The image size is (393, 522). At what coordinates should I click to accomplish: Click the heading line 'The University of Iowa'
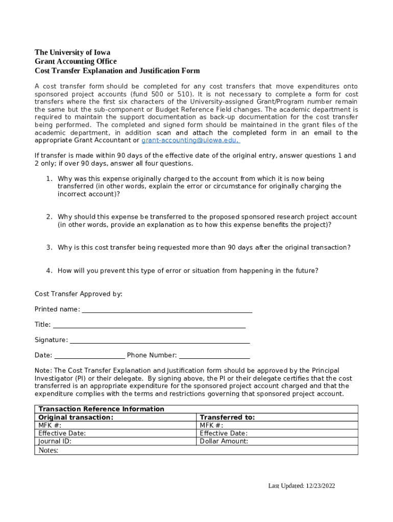pyautogui.click(x=72, y=53)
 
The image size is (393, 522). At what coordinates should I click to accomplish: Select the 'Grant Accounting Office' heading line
pyautogui.click(x=76, y=62)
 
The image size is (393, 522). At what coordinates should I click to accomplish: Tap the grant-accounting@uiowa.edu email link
pyautogui.click(x=190, y=140)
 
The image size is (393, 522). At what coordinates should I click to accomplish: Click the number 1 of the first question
pyautogui.click(x=49, y=179)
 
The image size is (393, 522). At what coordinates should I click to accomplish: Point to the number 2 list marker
pyautogui.click(x=49, y=217)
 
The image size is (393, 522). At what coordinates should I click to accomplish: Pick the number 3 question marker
pyautogui.click(x=49, y=248)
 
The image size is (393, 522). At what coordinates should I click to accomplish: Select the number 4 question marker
pyautogui.click(x=49, y=271)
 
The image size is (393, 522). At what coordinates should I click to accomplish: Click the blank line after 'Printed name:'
pyautogui.click(x=167, y=310)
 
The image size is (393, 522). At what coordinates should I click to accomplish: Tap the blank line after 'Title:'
pyautogui.click(x=149, y=325)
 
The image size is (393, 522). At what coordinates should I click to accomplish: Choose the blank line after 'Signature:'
pyautogui.click(x=159, y=341)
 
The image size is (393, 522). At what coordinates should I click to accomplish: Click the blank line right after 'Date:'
pyautogui.click(x=89, y=356)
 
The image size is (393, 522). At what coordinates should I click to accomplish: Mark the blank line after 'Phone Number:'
pyautogui.click(x=214, y=356)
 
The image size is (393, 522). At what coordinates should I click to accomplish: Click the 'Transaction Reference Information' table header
pyautogui.click(x=102, y=409)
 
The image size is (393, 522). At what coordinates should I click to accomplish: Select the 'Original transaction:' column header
pyautogui.click(x=76, y=417)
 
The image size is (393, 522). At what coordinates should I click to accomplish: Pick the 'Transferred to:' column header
pyautogui.click(x=227, y=417)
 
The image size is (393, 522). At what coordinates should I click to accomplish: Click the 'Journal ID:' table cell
pyautogui.click(x=55, y=441)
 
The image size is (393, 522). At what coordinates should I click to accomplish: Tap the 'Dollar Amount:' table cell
pyautogui.click(x=224, y=441)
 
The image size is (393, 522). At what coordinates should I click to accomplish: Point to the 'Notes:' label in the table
pyautogui.click(x=48, y=451)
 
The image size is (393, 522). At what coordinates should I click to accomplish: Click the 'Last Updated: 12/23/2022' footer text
pyautogui.click(x=302, y=486)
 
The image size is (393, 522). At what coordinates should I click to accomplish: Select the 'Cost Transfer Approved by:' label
pyautogui.click(x=79, y=294)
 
